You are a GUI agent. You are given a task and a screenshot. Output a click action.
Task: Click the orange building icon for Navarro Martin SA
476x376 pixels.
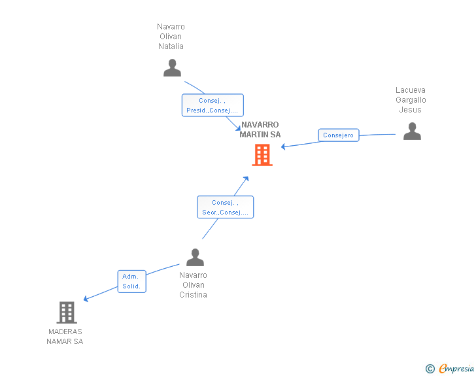262,155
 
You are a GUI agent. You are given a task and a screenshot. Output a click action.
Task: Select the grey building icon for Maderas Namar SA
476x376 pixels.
67,312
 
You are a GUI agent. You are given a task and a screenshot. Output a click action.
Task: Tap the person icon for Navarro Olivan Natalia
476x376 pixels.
172,68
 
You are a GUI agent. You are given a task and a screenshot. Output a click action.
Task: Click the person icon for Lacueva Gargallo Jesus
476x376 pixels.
412,131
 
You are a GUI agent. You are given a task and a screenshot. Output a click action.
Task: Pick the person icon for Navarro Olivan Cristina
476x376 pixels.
195,257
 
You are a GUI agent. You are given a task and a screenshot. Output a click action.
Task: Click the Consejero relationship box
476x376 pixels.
339,135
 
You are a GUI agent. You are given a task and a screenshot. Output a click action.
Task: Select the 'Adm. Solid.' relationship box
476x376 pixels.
132,282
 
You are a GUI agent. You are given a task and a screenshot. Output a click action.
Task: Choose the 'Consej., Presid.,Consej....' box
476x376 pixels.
212,105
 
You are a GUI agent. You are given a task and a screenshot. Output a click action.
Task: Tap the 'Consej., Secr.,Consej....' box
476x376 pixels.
225,207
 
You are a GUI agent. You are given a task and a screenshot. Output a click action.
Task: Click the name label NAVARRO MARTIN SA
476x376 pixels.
260,129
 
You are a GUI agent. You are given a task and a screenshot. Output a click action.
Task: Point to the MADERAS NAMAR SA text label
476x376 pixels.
65,337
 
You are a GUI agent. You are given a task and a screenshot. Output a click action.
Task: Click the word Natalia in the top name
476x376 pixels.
171,46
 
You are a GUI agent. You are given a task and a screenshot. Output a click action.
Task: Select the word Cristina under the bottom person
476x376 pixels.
193,295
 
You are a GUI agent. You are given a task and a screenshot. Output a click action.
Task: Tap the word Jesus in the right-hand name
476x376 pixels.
410,110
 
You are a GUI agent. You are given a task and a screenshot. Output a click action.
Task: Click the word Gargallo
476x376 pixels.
411,100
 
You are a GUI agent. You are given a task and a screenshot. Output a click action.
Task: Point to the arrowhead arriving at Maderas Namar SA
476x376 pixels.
86,299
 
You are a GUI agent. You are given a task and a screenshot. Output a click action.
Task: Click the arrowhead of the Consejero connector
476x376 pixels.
283,146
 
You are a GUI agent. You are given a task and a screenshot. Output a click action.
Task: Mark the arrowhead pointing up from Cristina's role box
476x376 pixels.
246,179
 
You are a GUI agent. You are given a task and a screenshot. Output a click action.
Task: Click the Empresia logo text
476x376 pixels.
456,368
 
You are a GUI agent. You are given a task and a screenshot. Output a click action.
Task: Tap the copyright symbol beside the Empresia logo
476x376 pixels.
430,369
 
